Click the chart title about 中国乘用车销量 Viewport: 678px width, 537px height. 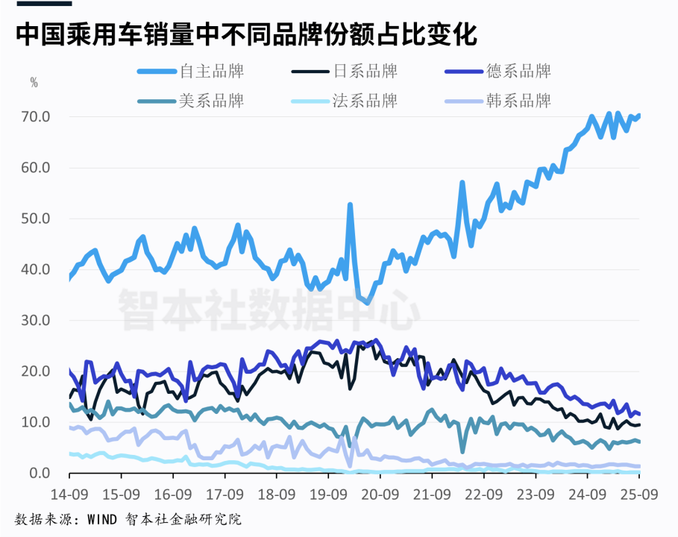pyautogui.click(x=246, y=34)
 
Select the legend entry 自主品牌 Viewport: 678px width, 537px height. pyautogui.click(x=212, y=72)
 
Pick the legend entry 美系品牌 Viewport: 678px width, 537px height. pyautogui.click(x=212, y=101)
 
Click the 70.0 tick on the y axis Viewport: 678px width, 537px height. pyautogui.click(x=37, y=117)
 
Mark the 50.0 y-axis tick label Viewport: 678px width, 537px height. pyautogui.click(x=37, y=219)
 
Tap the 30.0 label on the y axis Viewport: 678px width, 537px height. pyautogui.click(x=37, y=321)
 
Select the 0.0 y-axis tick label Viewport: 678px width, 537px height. pyautogui.click(x=40, y=474)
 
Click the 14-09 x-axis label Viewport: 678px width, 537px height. pyautogui.click(x=69, y=494)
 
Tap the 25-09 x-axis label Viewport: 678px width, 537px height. pyautogui.click(x=638, y=494)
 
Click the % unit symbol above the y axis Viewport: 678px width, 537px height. pyautogui.click(x=34, y=83)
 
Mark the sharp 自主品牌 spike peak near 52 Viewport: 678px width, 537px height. pyautogui.click(x=350, y=205)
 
